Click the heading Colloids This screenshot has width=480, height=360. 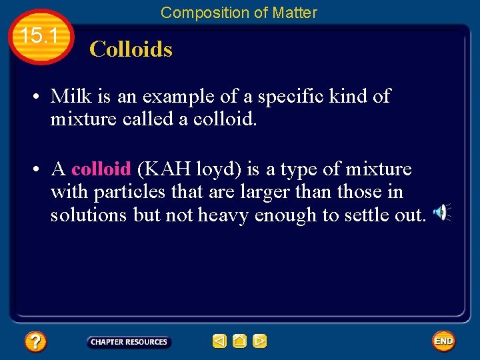[x=131, y=49]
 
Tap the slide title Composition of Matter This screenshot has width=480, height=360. [x=239, y=12]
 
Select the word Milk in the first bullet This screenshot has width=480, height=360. [x=71, y=96]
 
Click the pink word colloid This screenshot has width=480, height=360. [x=101, y=169]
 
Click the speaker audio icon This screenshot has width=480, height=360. [x=441, y=213]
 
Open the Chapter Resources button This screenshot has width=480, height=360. [x=129, y=342]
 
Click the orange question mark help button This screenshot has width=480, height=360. [x=35, y=342]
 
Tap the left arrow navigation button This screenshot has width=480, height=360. [x=219, y=341]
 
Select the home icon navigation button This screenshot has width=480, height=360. [x=239, y=341]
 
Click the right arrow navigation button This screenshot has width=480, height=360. [x=259, y=341]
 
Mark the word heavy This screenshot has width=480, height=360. [x=222, y=216]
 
